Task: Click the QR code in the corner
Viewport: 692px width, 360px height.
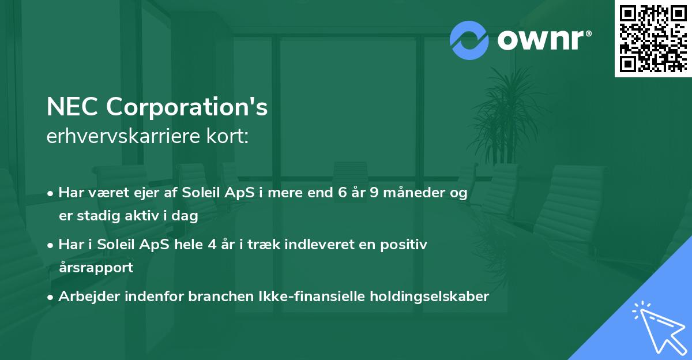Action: point(653,39)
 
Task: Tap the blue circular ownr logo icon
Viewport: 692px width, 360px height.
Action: point(469,40)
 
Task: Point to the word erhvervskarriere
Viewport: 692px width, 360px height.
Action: point(122,137)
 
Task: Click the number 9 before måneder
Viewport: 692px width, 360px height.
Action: point(374,193)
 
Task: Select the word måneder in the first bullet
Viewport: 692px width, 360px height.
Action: point(416,193)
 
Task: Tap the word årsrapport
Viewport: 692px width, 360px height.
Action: point(96,268)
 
